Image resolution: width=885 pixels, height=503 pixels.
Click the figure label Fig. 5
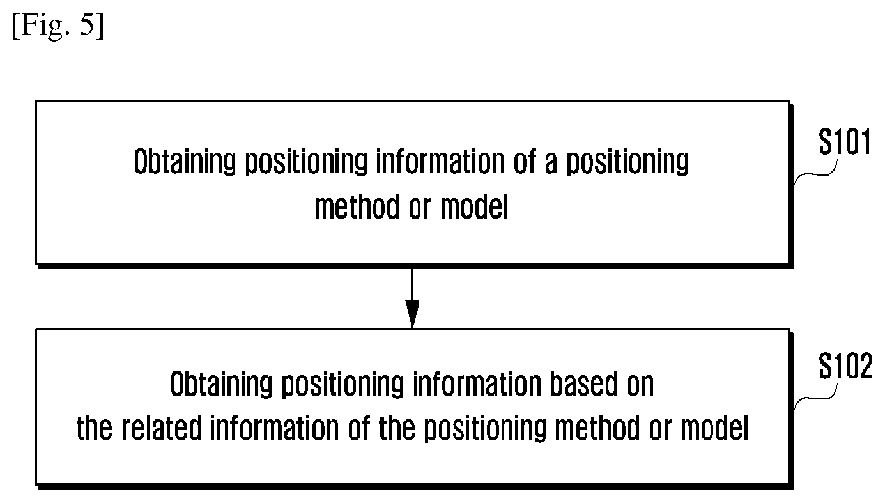[x=58, y=26]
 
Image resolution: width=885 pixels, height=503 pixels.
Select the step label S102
[x=845, y=366]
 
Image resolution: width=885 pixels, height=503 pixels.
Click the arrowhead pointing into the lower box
[x=412, y=314]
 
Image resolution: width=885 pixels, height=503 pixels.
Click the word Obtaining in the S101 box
[x=185, y=162]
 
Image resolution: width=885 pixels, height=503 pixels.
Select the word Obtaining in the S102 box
[x=221, y=384]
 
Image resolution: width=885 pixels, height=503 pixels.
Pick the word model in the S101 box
[x=473, y=206]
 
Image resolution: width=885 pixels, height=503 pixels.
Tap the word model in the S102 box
[x=714, y=428]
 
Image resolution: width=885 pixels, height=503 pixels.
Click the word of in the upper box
[x=525, y=161]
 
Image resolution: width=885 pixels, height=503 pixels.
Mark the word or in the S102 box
[x=660, y=431]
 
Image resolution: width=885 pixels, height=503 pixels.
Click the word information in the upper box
[x=440, y=161]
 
